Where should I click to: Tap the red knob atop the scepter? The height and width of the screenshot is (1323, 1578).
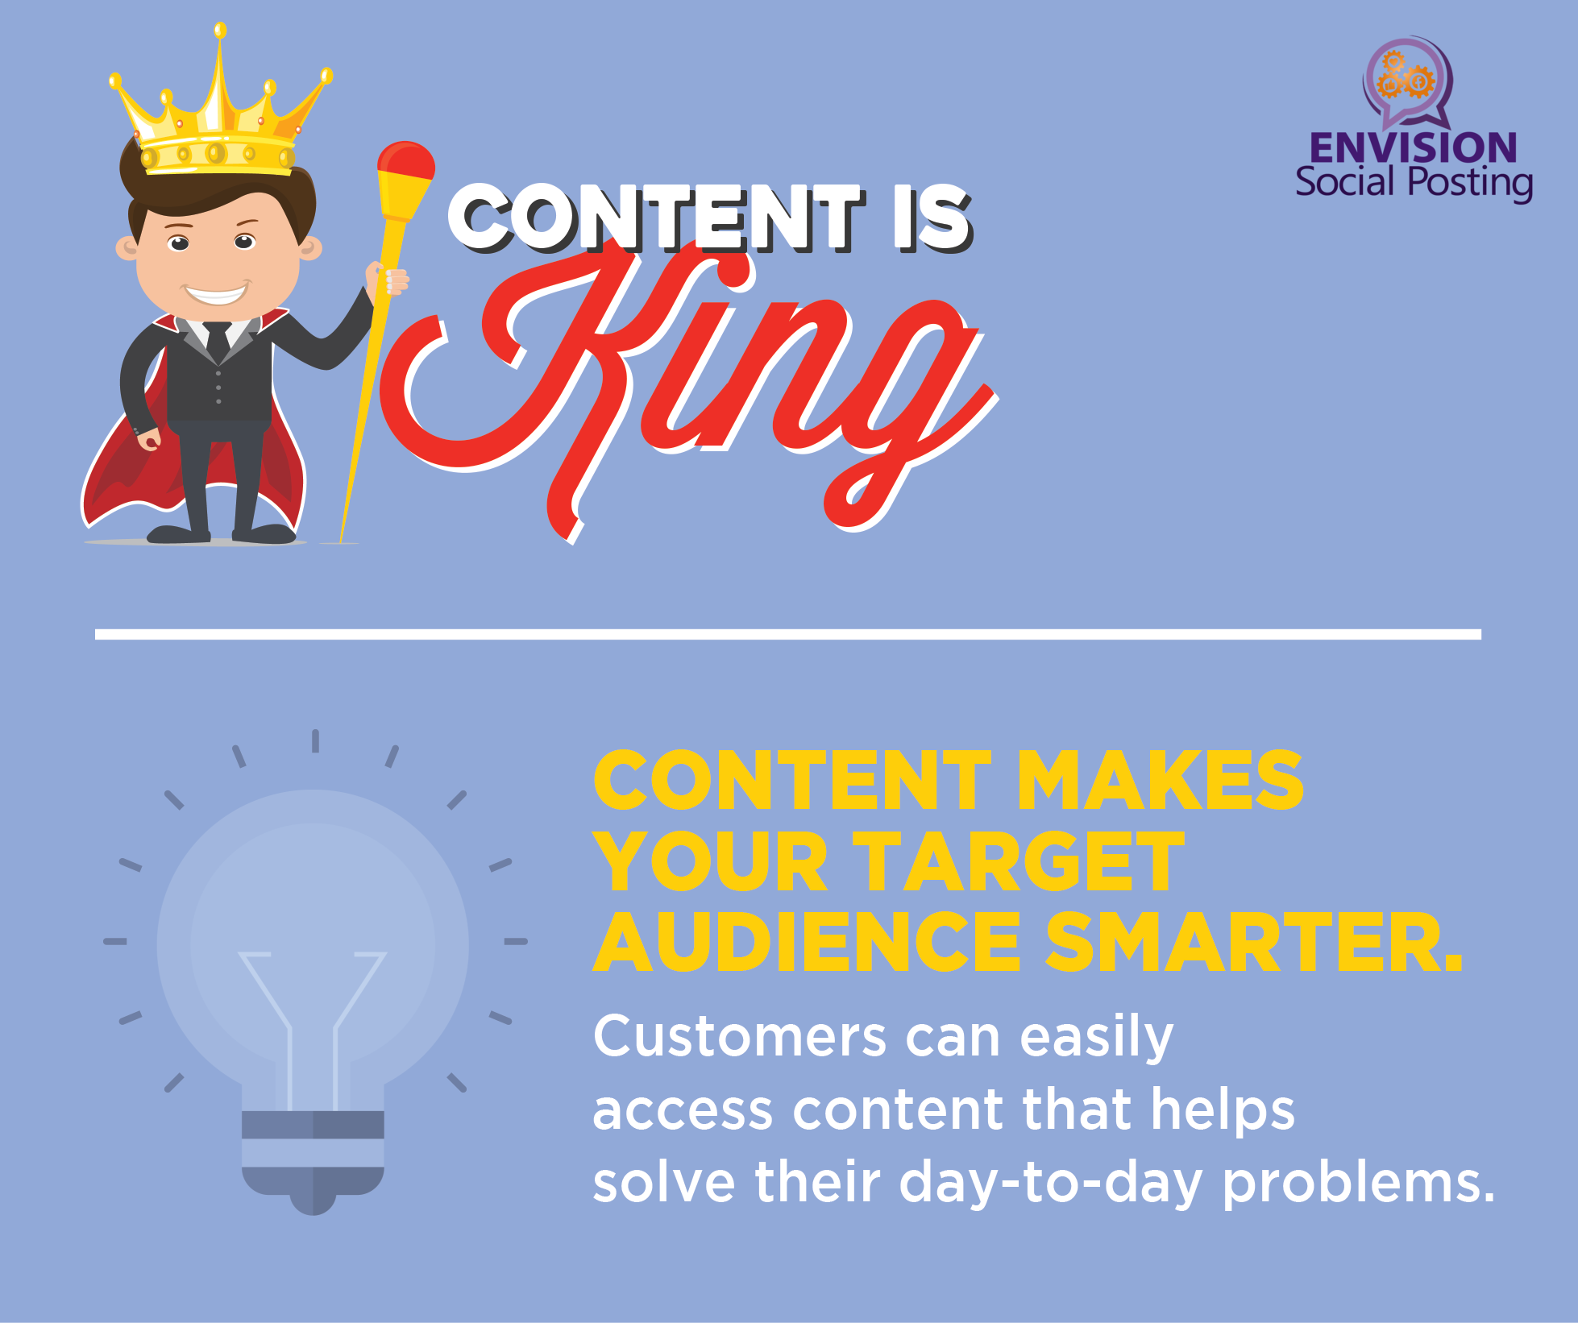tap(406, 160)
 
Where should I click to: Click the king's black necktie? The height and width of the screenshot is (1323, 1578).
tap(218, 342)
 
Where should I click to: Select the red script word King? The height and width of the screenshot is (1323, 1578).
tap(689, 387)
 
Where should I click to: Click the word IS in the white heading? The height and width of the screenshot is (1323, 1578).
tap(932, 218)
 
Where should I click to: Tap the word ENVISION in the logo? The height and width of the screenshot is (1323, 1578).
tap(1414, 147)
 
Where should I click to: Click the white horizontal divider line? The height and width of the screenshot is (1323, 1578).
tap(788, 634)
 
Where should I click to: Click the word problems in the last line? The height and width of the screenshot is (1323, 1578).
tap(1359, 1184)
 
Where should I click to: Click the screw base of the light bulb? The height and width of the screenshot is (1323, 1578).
tap(313, 1160)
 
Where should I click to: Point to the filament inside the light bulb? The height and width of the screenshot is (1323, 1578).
tap(313, 1023)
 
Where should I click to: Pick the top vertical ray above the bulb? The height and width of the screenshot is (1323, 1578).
tap(315, 740)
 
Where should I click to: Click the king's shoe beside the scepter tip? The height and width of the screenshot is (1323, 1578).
tap(264, 533)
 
